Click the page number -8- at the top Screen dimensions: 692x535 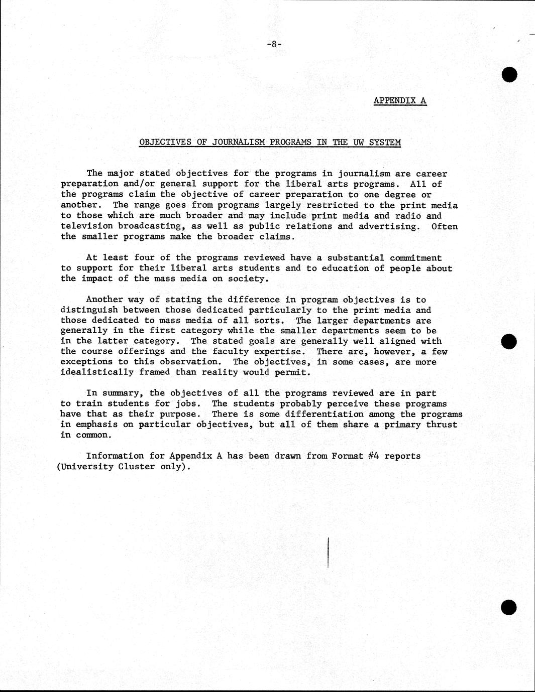click(274, 44)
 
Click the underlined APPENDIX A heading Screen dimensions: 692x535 click(400, 100)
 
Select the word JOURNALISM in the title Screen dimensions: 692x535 click(236, 142)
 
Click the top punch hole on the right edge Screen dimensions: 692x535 click(509, 74)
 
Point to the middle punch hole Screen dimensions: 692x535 click(509, 342)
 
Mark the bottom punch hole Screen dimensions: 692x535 click(509, 607)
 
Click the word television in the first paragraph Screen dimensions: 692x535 click(86, 226)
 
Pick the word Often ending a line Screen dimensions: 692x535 click(445, 226)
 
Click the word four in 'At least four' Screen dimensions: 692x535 click(144, 258)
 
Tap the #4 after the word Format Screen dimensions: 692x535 click(373, 456)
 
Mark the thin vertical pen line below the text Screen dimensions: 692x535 click(328, 552)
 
